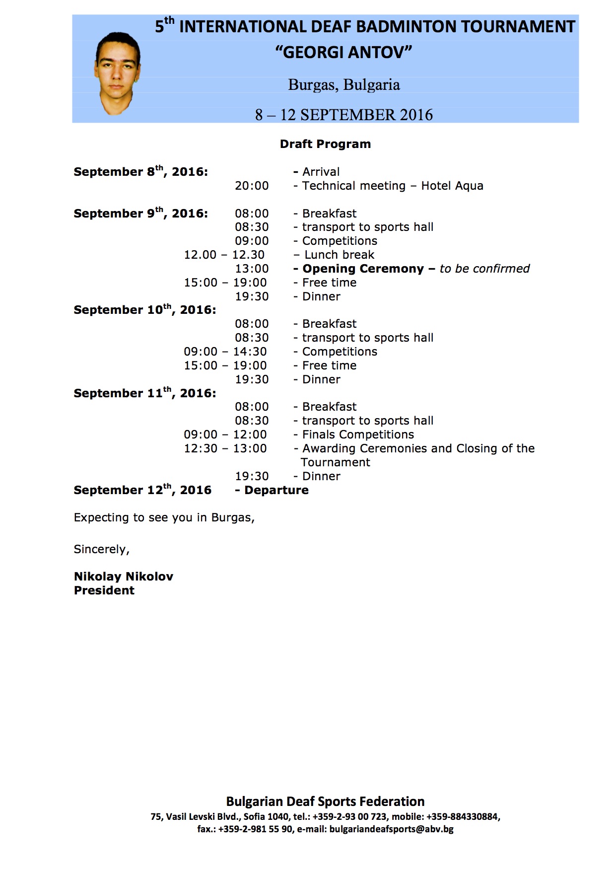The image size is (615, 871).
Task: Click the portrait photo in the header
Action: point(117,73)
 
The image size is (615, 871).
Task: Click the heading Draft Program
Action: point(325,144)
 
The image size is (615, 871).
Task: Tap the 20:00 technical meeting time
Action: point(252,186)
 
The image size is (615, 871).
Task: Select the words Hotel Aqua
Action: point(452,186)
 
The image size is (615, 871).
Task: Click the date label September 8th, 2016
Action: point(140,172)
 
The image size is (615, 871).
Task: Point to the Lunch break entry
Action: point(339,255)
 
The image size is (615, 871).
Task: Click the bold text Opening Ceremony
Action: point(363,269)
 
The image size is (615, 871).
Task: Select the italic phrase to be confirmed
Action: point(484,269)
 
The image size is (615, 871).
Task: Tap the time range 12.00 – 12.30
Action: point(224,255)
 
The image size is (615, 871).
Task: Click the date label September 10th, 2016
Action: point(144,310)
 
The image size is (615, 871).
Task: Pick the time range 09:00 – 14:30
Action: point(225,352)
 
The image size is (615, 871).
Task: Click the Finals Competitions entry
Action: point(358,435)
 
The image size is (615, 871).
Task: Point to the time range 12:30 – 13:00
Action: point(225,448)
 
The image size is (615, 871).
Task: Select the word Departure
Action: point(276,490)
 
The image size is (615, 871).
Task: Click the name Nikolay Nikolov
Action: point(124,577)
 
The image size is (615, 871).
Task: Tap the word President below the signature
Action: point(104,590)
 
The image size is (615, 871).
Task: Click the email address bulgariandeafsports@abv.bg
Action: point(391,829)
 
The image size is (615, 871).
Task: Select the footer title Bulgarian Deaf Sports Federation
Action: point(325,801)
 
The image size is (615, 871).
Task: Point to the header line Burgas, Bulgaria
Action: point(344,84)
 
